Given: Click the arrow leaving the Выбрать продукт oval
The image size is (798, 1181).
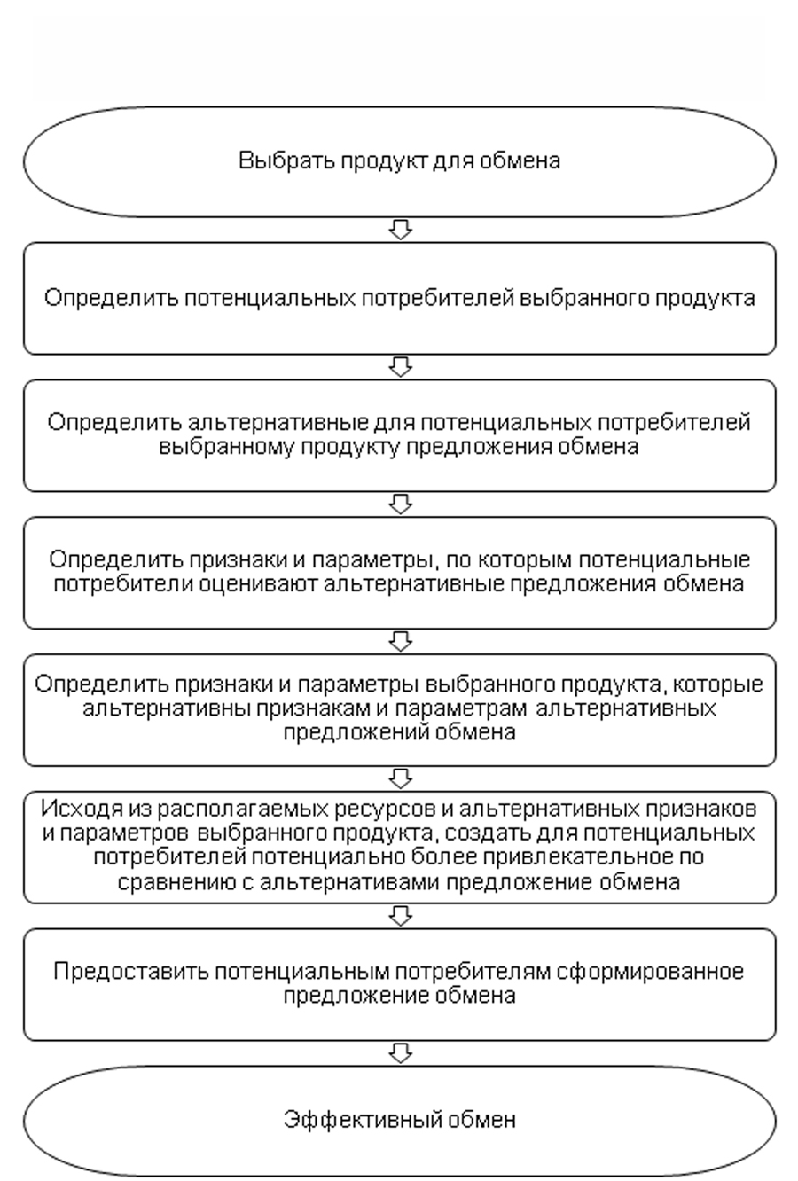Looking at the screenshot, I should click(x=401, y=231).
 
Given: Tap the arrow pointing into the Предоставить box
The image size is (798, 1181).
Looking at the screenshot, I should click(x=401, y=914).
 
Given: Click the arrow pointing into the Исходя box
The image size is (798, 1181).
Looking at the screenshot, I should click(x=401, y=778).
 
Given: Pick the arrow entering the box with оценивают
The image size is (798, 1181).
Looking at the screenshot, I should click(x=401, y=504).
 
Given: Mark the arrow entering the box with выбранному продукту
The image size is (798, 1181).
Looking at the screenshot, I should click(x=401, y=367).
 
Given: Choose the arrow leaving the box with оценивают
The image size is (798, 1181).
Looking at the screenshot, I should click(x=401, y=640).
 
